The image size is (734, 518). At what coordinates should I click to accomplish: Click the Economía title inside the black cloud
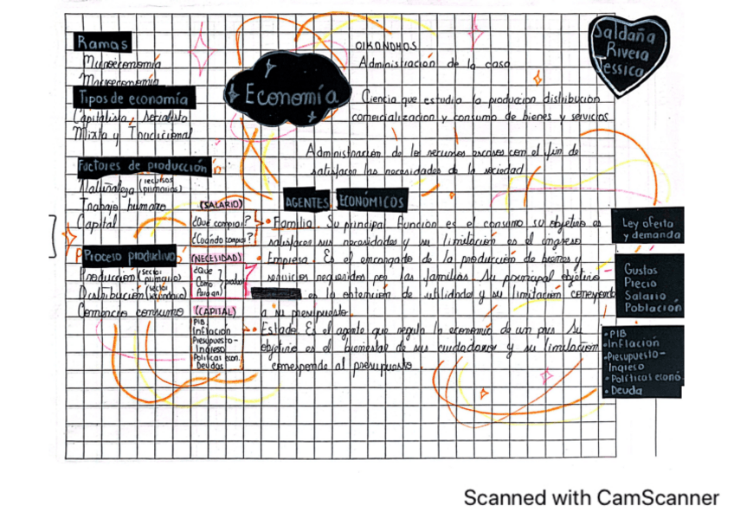coord(289,95)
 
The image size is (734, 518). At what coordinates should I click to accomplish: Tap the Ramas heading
coord(102,42)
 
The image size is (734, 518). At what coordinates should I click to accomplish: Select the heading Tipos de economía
coord(132,99)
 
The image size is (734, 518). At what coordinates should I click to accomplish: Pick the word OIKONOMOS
coord(386,45)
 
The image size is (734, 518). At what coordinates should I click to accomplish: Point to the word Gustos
coord(641,270)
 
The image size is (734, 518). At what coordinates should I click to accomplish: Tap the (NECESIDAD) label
coord(216,259)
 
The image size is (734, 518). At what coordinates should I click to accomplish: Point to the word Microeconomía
coord(120,63)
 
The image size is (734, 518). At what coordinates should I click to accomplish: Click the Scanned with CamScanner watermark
coord(590,497)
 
